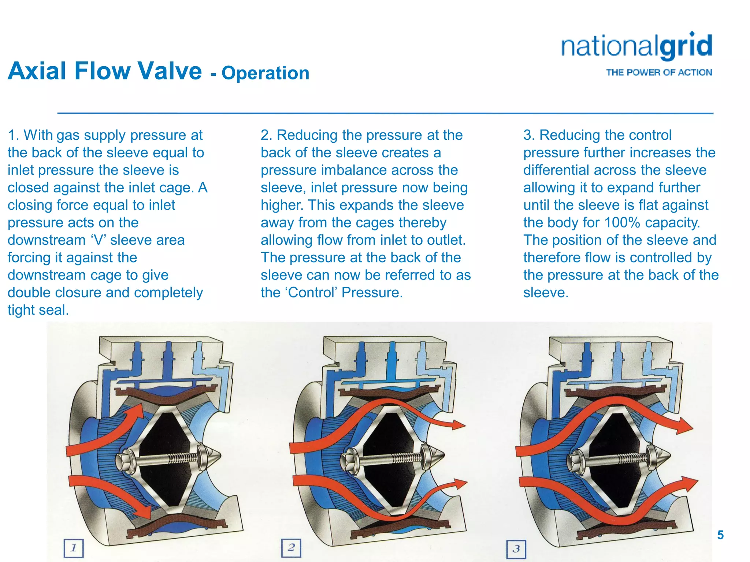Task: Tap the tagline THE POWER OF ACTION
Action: pos(659,72)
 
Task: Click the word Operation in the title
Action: pos(266,73)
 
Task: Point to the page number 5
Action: pos(720,535)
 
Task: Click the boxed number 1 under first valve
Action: pos(74,548)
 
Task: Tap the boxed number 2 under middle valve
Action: pos(291,548)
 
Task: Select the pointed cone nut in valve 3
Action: pos(661,456)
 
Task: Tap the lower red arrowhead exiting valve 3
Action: pos(688,484)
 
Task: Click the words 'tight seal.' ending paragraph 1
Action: pos(38,310)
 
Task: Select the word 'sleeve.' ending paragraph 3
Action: pos(546,293)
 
